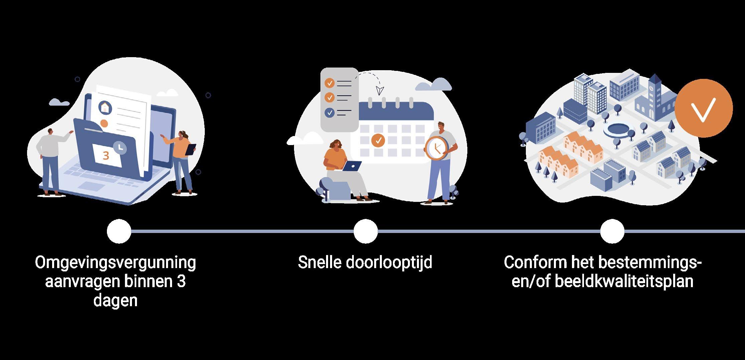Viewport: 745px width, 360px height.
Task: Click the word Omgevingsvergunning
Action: pos(115,263)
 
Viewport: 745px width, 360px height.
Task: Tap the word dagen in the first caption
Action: pos(115,301)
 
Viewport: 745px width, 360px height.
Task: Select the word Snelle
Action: pos(319,263)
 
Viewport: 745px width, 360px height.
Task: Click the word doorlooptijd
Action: pos(389,263)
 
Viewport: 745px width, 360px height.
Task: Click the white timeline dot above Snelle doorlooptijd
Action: pos(365,231)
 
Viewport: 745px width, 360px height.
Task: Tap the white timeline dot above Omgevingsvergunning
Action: pos(119,231)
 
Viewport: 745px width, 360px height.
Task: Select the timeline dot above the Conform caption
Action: pos(612,231)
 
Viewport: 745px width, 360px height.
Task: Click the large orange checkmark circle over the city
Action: pos(704,108)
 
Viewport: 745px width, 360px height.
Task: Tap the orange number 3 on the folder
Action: pos(106,156)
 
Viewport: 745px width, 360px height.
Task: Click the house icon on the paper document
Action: pos(105,107)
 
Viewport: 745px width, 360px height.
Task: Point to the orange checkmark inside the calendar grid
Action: pos(378,140)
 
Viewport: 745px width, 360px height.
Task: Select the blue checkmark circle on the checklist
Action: pos(330,112)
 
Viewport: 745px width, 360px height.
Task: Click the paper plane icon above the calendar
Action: pos(380,90)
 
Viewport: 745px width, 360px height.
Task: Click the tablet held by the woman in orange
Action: pos(190,149)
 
